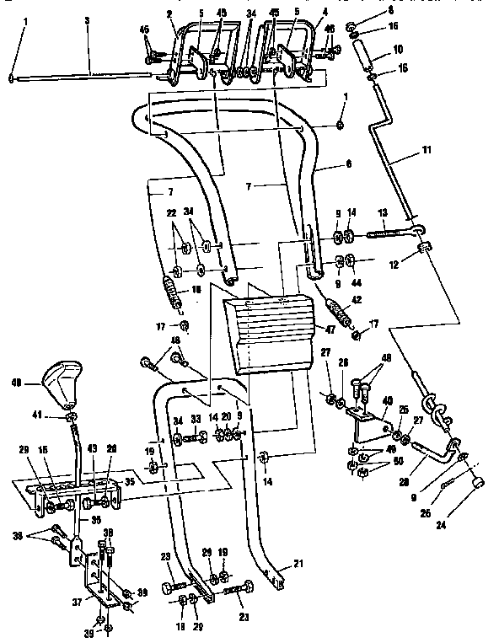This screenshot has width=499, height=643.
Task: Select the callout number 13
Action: pos(381,212)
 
